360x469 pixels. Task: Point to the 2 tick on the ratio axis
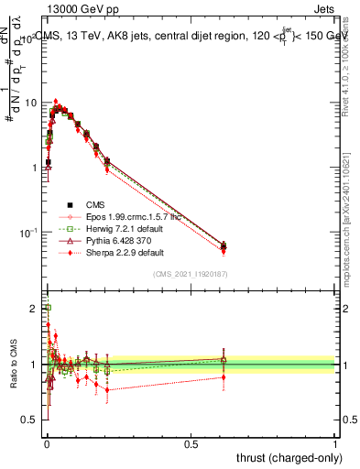[x=35, y=309]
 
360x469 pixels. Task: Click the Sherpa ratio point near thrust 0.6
[x=224, y=376]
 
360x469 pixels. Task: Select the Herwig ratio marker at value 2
[x=47, y=309]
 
